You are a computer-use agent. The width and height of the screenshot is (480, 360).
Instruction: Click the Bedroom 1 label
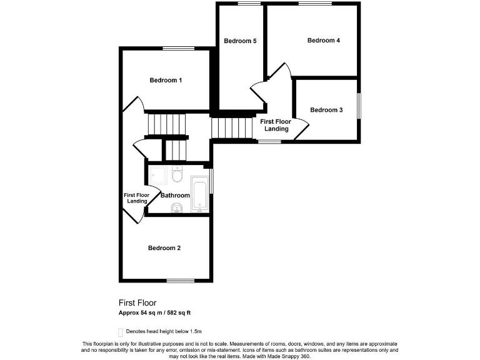pos(166,80)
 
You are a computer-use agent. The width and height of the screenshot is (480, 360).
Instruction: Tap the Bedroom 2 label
pos(164,248)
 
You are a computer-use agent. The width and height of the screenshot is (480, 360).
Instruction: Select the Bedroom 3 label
pos(326,110)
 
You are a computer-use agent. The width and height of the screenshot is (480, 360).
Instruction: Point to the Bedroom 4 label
pos(324,41)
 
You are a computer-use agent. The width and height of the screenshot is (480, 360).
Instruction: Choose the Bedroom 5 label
pos(241,41)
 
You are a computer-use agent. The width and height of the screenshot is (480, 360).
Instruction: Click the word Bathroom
pos(175,196)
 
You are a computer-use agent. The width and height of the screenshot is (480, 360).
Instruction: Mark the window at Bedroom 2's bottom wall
pos(181,280)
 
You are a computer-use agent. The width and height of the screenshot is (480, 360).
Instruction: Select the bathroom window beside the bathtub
pos(211,181)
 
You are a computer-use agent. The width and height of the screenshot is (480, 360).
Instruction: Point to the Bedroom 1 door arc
pos(134,103)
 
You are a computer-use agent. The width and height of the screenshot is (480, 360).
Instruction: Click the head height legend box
pos(121,332)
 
